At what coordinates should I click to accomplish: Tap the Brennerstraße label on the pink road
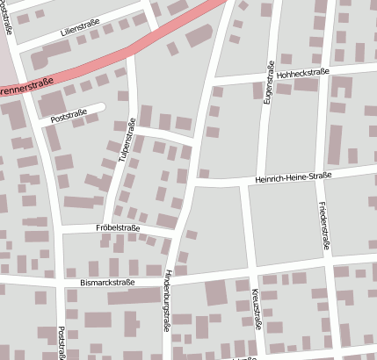(x=26, y=88)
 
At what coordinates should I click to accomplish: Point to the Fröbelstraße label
(x=119, y=227)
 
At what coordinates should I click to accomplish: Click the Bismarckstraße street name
(x=106, y=283)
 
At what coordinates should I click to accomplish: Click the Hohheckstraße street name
(x=302, y=74)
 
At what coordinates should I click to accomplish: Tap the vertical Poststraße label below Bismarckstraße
(x=61, y=343)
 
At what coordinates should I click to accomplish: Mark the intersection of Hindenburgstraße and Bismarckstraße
(x=173, y=277)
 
